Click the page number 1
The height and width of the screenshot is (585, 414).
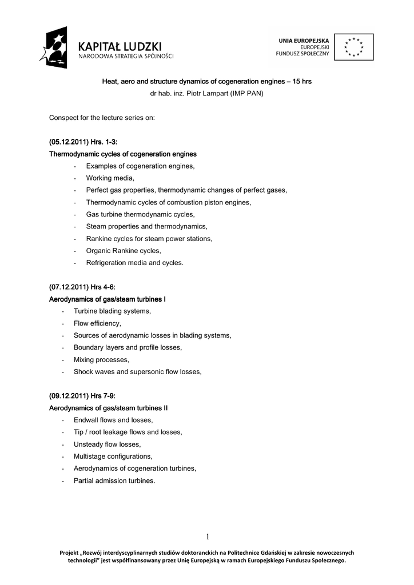click(x=208, y=536)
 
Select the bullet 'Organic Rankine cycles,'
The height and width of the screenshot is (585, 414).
click(x=124, y=250)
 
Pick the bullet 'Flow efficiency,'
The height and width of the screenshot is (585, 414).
click(x=97, y=323)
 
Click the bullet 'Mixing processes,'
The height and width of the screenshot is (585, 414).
click(x=101, y=359)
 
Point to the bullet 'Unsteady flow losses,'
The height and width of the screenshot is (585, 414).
click(x=107, y=444)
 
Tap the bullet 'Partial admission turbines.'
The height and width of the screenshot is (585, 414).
click(x=114, y=480)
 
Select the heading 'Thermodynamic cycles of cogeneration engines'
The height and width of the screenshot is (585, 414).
click(x=123, y=154)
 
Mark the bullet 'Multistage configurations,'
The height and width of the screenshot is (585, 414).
click(x=113, y=456)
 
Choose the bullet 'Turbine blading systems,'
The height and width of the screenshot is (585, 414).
click(x=112, y=311)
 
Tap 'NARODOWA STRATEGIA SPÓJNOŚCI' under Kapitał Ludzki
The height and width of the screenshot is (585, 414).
click(x=126, y=57)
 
